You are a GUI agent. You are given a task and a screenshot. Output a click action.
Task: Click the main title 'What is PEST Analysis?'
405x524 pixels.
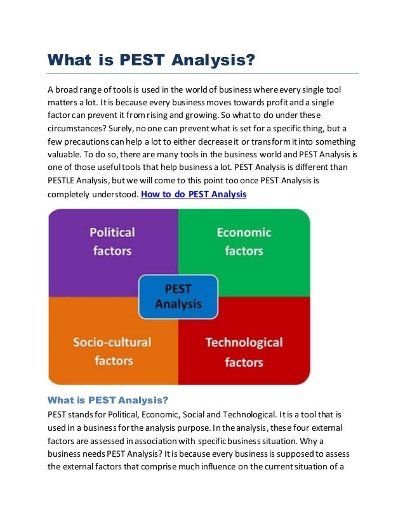click(151, 60)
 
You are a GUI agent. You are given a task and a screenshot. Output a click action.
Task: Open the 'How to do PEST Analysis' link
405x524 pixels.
click(194, 194)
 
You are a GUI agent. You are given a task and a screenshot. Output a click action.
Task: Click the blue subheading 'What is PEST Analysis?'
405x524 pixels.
click(108, 400)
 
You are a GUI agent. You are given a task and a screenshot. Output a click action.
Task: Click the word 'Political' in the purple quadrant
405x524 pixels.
click(112, 233)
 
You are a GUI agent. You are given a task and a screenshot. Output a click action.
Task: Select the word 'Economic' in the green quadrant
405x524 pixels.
click(244, 233)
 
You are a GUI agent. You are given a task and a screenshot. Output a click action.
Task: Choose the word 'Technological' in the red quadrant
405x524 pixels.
click(244, 343)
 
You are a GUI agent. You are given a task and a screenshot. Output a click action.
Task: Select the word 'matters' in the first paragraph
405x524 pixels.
click(65, 101)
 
